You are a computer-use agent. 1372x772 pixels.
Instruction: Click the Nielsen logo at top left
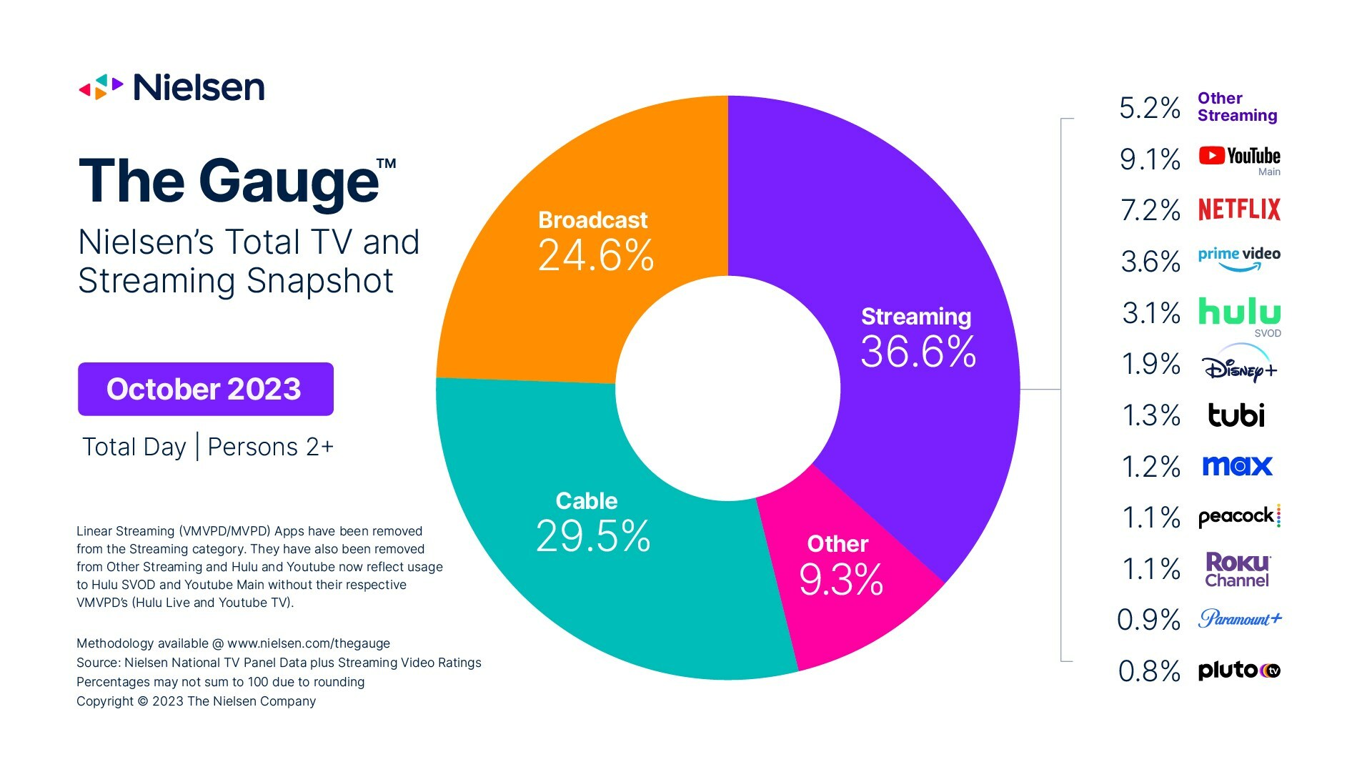coord(171,87)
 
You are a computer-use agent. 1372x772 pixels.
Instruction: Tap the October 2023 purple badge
coord(205,389)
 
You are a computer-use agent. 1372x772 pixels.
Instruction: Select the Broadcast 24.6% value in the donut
coord(595,255)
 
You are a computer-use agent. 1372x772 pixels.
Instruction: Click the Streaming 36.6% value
coord(918,352)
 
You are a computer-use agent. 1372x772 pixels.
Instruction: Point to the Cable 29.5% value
coord(593,536)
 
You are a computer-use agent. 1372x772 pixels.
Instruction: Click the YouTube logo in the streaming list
coord(1239,156)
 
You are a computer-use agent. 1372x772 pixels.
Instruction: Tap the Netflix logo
coord(1239,209)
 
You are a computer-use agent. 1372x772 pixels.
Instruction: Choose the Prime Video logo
coord(1239,258)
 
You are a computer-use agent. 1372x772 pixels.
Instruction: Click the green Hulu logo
coord(1239,312)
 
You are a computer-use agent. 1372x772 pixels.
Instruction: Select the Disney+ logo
coord(1239,365)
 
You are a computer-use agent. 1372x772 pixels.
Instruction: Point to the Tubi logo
coord(1236,415)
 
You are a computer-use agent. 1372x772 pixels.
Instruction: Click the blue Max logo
coord(1237,466)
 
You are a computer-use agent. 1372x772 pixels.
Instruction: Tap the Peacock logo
coord(1239,516)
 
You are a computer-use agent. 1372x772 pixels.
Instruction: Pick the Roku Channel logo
coord(1237,570)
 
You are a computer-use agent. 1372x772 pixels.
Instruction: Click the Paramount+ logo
coord(1240,618)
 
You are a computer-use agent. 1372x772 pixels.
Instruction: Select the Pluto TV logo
coord(1239,670)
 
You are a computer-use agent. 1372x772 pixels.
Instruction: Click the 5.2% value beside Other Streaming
coord(1149,108)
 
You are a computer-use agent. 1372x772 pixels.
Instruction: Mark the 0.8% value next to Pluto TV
coord(1149,671)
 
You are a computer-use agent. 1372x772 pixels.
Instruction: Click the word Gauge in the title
coord(289,182)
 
